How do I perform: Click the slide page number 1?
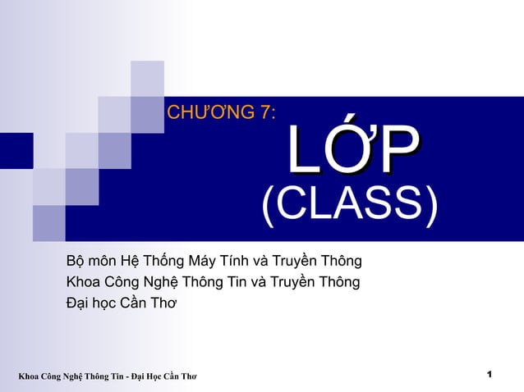click(x=490, y=375)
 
